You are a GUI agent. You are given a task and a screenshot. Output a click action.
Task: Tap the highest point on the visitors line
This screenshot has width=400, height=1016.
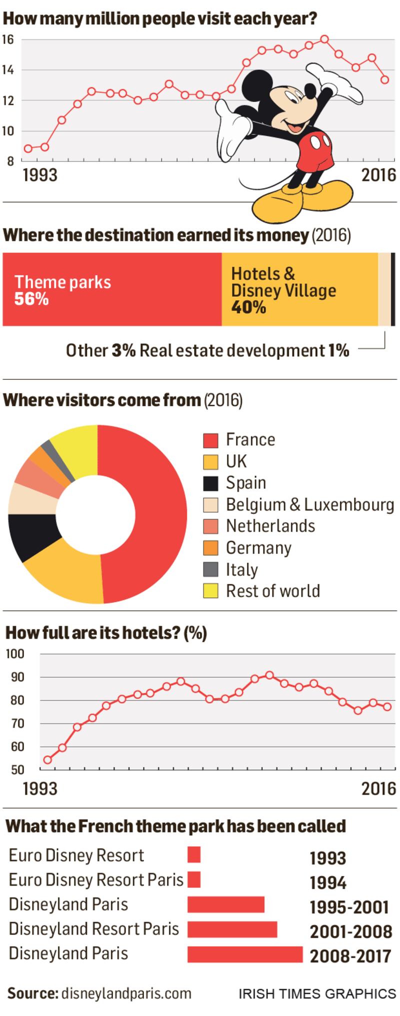click(x=324, y=39)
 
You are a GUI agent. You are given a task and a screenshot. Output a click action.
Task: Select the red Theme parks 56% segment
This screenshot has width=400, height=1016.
click(x=112, y=289)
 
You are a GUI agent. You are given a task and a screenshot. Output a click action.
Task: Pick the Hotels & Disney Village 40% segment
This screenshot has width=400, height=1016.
click(x=299, y=289)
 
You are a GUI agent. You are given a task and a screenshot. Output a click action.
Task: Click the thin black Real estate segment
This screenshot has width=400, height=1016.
click(x=393, y=289)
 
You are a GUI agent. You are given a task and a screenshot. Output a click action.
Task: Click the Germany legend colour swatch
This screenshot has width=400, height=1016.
click(x=210, y=548)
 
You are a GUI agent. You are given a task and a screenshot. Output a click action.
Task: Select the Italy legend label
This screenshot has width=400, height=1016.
click(x=242, y=570)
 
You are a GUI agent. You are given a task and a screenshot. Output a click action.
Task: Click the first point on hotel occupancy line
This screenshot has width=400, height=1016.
click(x=47, y=760)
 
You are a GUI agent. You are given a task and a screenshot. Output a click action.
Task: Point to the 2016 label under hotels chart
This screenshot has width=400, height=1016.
click(x=378, y=789)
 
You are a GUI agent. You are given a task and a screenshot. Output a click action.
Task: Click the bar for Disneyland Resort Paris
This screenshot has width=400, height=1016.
click(x=232, y=929)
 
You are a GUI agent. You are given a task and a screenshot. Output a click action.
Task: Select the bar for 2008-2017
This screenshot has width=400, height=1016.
click(x=245, y=954)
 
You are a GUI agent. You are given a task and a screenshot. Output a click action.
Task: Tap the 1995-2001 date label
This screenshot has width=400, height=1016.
click(x=349, y=907)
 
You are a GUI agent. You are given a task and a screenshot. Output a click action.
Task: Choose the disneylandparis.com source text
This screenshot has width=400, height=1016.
click(x=126, y=993)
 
